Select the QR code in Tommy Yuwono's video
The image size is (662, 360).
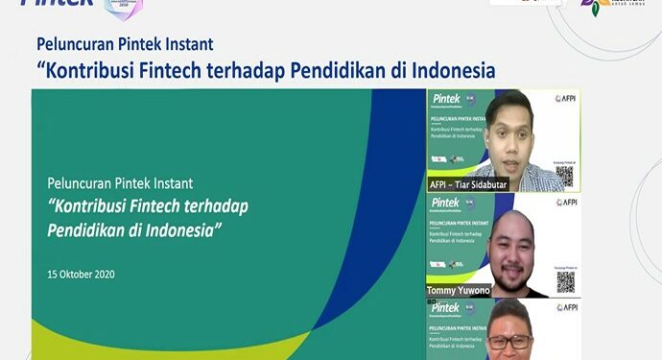[565, 281]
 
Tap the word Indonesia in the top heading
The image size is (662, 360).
[451, 71]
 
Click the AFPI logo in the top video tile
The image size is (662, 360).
[566, 98]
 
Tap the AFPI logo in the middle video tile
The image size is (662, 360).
[566, 203]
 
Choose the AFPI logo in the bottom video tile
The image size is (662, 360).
[566, 307]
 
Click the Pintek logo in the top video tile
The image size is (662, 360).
[445, 98]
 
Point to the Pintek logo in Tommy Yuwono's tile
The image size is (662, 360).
[445, 203]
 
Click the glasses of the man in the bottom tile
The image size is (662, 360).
[508, 340]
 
